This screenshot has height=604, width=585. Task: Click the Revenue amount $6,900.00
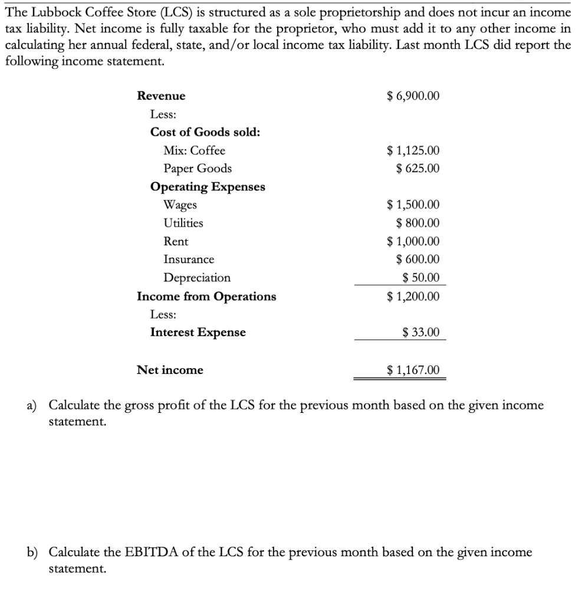[x=413, y=96]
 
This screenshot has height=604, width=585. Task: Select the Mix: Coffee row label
[x=194, y=150]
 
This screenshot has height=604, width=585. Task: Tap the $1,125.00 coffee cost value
[x=413, y=150]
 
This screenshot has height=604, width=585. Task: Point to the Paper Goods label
[x=198, y=169]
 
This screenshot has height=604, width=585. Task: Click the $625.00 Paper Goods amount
[x=418, y=169]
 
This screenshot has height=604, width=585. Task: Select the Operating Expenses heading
[x=208, y=187]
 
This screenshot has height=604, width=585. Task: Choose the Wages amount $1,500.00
[x=413, y=205]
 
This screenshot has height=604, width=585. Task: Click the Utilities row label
[x=183, y=223]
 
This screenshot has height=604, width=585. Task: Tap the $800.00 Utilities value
[x=418, y=223]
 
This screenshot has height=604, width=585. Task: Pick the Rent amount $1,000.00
[x=413, y=241]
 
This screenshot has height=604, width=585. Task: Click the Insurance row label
[x=189, y=260]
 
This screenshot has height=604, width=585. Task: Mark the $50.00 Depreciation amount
[x=420, y=278]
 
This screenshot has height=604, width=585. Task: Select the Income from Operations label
[x=206, y=296]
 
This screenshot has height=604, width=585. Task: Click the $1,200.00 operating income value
[x=413, y=296]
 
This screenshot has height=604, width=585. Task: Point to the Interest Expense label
[x=198, y=332]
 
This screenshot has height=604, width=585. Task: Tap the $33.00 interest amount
[x=420, y=333]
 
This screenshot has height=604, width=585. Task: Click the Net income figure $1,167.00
[x=413, y=370]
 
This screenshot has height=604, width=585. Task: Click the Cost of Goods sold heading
[x=205, y=132]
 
